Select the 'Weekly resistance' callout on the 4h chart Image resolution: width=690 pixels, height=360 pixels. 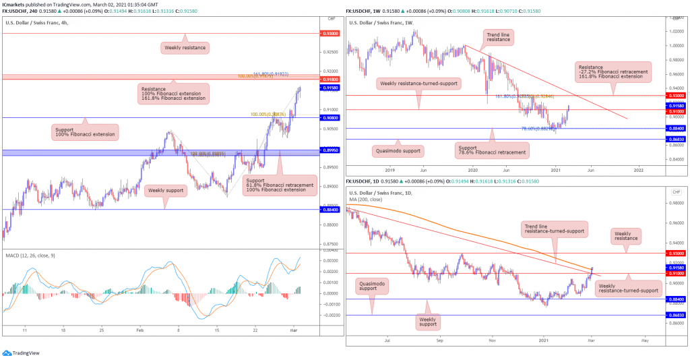point(185,48)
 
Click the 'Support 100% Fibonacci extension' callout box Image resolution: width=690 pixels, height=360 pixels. point(85,131)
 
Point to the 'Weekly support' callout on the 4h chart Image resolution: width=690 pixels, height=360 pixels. point(165,191)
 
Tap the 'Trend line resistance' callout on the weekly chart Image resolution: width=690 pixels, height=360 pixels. point(499,36)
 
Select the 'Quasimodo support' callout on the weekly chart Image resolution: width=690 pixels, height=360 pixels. point(397,150)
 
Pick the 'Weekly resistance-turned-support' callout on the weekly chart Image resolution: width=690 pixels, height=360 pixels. point(418,84)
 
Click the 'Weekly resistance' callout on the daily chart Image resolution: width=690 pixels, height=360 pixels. point(627,236)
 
